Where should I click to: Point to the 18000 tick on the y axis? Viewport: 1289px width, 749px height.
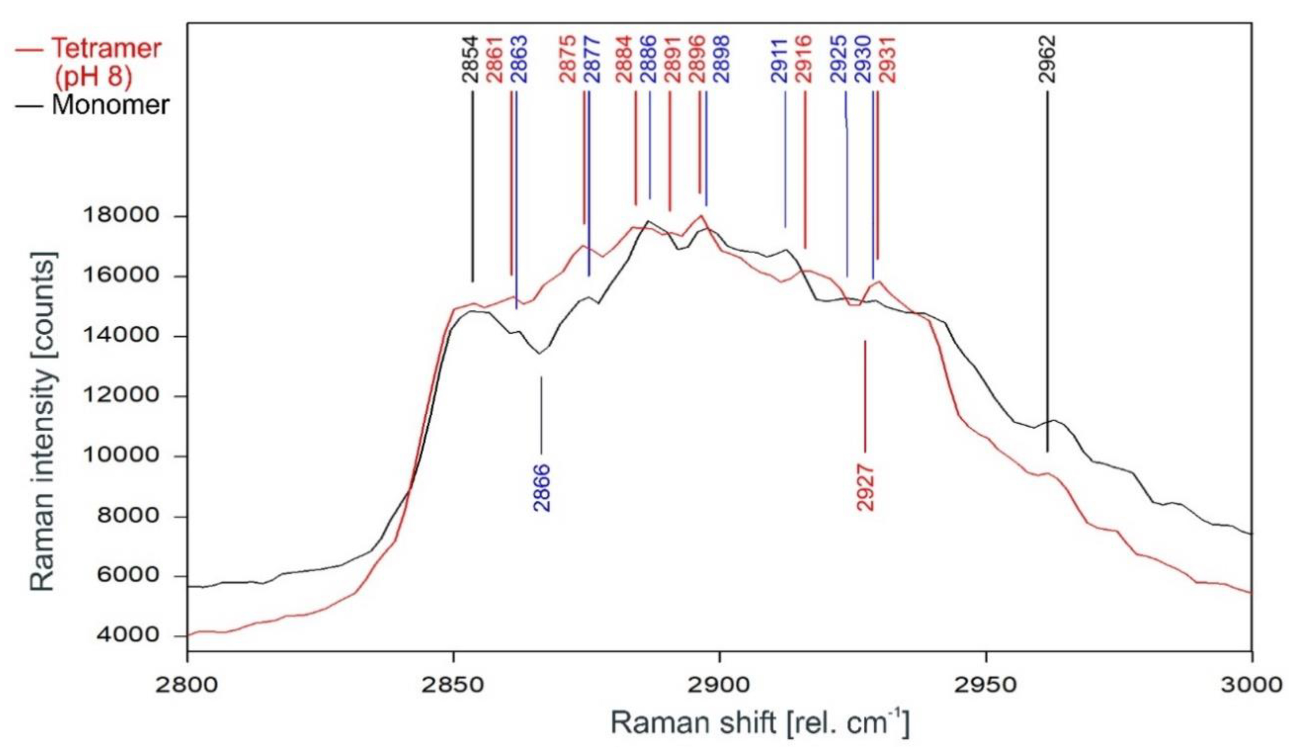click(122, 215)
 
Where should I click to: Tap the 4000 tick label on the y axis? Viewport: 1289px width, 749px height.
click(122, 635)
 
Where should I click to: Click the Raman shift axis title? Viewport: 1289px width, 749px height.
click(760, 724)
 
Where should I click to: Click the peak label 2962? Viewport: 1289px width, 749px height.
click(1047, 59)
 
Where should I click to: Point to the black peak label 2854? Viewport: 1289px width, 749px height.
click(471, 59)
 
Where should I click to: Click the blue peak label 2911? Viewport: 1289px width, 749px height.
click(781, 59)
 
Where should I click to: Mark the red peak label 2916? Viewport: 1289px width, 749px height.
click(805, 59)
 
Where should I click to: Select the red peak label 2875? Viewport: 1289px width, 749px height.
click(568, 59)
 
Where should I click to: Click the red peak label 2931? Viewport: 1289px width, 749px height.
click(888, 59)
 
